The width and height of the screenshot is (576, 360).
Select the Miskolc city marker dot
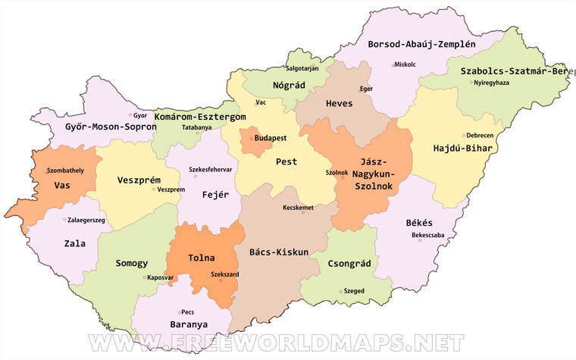393,65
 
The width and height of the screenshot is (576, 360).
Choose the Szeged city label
354,290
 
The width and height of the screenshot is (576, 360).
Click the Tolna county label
202,258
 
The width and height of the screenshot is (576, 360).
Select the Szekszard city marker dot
221,281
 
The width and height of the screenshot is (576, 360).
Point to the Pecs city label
188,311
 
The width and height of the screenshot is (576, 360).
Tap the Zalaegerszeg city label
86,219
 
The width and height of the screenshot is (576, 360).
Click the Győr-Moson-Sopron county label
100,127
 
